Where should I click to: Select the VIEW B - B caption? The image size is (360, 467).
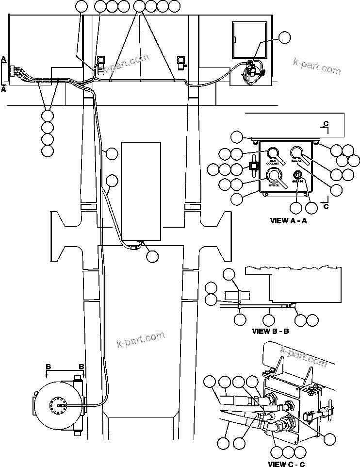tap(271, 332)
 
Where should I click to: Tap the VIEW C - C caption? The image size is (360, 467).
tap(287, 464)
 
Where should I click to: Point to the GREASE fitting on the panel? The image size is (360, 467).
tap(298, 175)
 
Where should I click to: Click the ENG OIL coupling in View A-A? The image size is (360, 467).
tap(297, 153)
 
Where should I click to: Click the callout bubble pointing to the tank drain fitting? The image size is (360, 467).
tap(152, 256)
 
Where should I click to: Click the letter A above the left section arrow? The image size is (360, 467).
tap(4, 59)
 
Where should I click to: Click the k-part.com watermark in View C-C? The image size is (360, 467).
tap(304, 355)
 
